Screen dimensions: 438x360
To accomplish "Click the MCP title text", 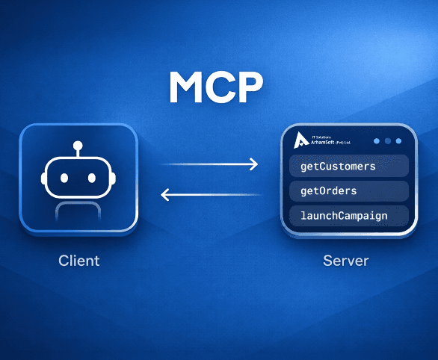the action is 216,87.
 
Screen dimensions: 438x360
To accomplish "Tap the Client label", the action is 79,261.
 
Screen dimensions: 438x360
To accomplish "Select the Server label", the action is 346,261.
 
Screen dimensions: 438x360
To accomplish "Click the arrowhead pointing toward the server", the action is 253,164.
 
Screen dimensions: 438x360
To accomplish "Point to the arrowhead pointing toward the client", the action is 164,194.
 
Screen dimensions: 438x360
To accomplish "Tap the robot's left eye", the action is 64,178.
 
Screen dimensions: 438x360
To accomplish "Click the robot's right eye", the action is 92,178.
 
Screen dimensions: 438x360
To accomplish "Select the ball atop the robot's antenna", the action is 78,146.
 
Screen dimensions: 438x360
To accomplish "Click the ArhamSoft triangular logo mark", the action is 301,140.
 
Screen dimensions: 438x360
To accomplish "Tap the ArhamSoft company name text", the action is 331,143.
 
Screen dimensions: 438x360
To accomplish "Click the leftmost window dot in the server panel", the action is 377,141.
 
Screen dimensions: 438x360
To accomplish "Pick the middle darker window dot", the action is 388,141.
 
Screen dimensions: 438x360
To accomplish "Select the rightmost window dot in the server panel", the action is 398,141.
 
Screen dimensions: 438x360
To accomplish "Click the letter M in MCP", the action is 186,87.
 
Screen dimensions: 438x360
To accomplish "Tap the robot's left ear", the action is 43,179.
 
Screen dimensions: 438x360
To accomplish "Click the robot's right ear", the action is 113,179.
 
